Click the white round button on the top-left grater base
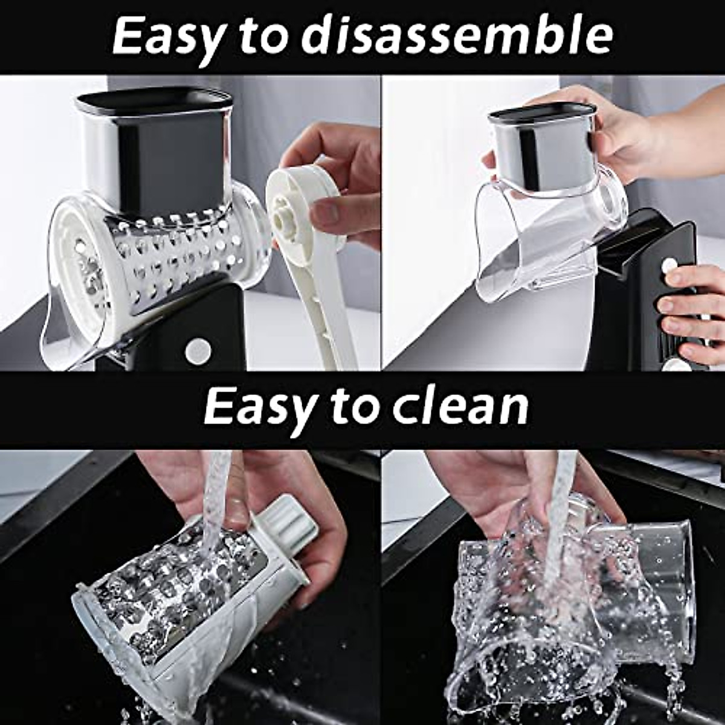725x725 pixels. pos(198,350)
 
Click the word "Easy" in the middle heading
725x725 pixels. pos(260,407)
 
